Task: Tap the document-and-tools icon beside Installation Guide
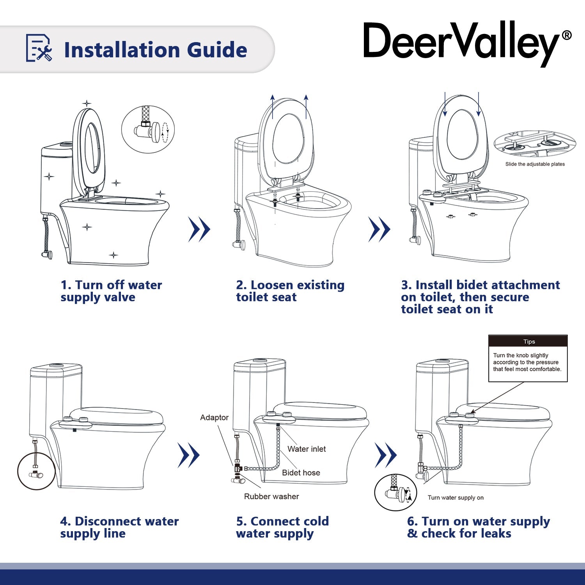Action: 39,48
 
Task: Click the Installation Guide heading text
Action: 155,50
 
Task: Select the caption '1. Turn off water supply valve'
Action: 111,291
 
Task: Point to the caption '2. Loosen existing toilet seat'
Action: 290,291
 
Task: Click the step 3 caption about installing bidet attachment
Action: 480,297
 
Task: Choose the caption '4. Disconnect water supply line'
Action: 119,527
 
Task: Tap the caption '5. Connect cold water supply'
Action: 282,527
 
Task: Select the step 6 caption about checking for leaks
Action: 478,527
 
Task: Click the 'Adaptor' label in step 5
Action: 214,418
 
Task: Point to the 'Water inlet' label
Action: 307,449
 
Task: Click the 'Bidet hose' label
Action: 301,473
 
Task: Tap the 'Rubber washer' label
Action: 271,497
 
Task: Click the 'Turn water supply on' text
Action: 456,498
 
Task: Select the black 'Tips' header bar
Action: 528,341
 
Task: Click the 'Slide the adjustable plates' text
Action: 535,164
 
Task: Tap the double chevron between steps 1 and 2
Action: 199,229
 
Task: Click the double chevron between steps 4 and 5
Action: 189,455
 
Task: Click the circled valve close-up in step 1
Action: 148,129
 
